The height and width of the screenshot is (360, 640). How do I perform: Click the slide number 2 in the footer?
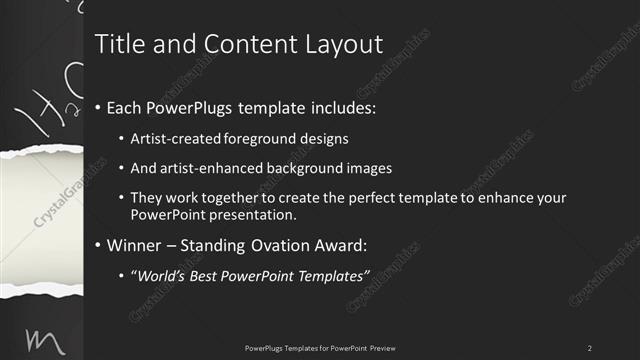(x=590, y=347)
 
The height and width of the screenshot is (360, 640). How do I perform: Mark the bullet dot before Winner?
(x=97, y=245)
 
